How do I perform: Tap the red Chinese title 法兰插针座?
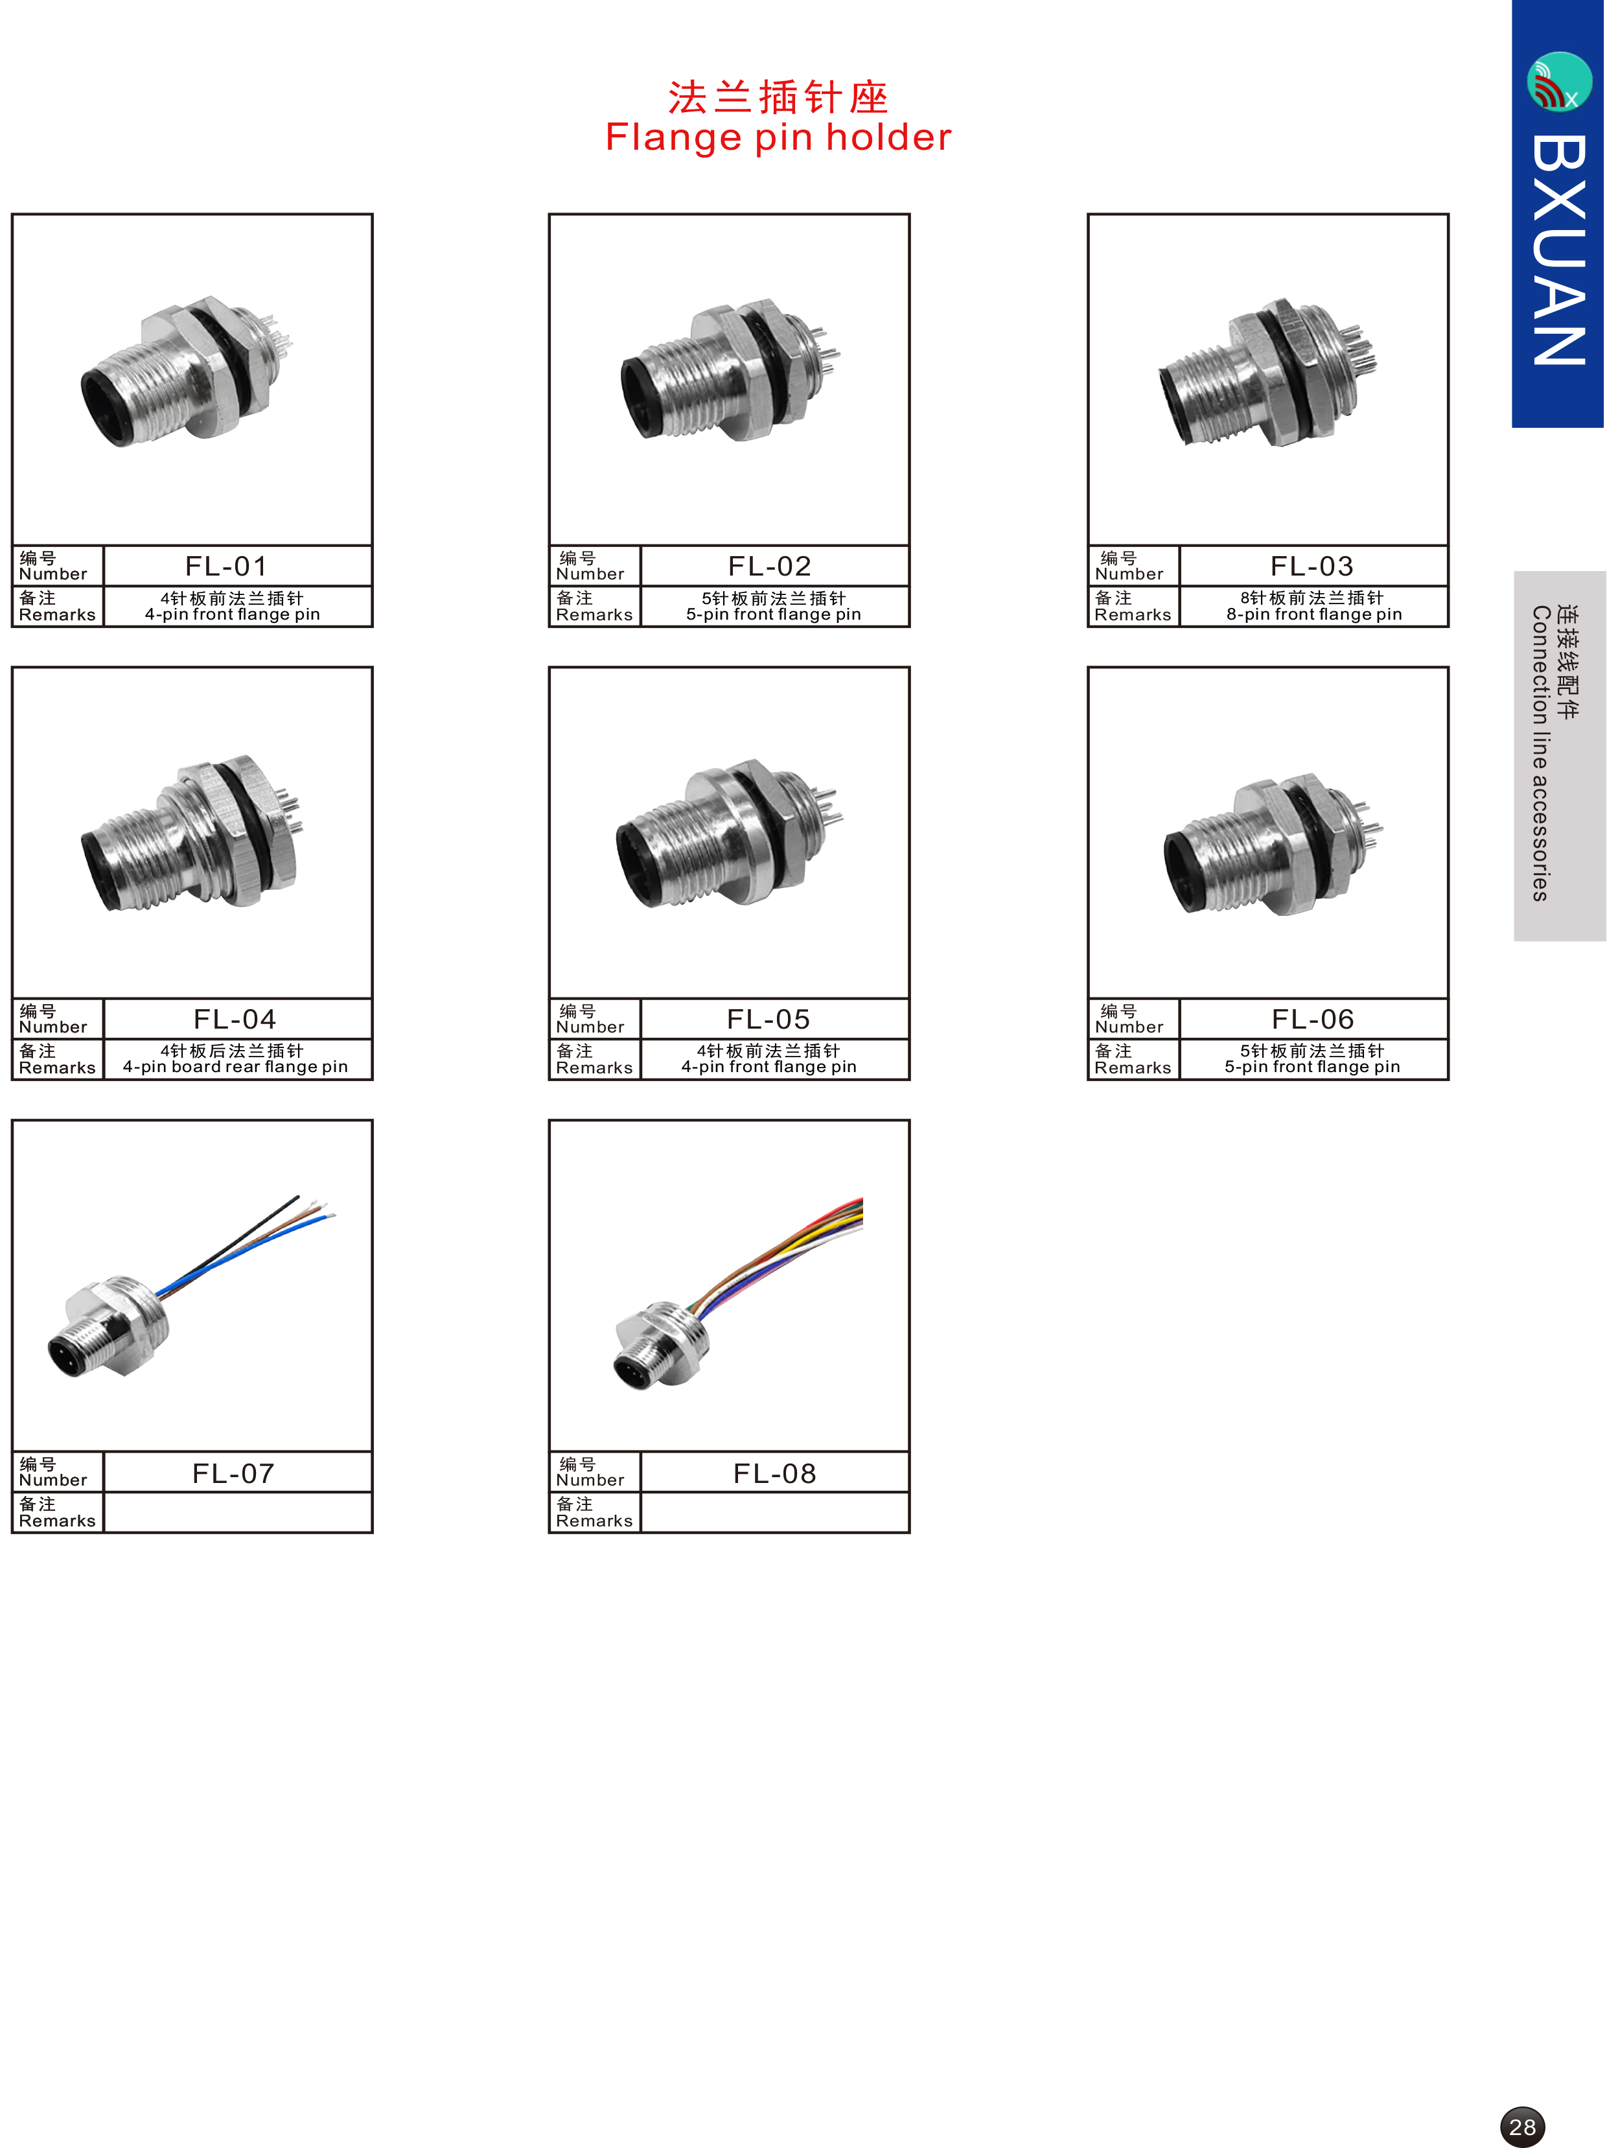pos(778,97)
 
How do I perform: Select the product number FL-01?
pos(226,565)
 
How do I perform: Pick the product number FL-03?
pos(1312,565)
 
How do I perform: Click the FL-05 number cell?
pos(774,1019)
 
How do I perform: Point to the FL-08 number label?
pos(774,1473)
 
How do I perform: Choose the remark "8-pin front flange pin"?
pos(1313,614)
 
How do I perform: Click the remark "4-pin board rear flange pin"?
pos(235,1066)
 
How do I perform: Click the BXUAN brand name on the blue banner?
pos(1558,250)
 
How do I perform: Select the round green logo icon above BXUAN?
pos(1560,82)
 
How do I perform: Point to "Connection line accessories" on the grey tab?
pos(1540,754)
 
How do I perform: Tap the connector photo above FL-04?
pos(191,833)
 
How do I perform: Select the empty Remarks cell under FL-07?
pos(238,1512)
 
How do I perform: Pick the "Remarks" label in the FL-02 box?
pos(594,614)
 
